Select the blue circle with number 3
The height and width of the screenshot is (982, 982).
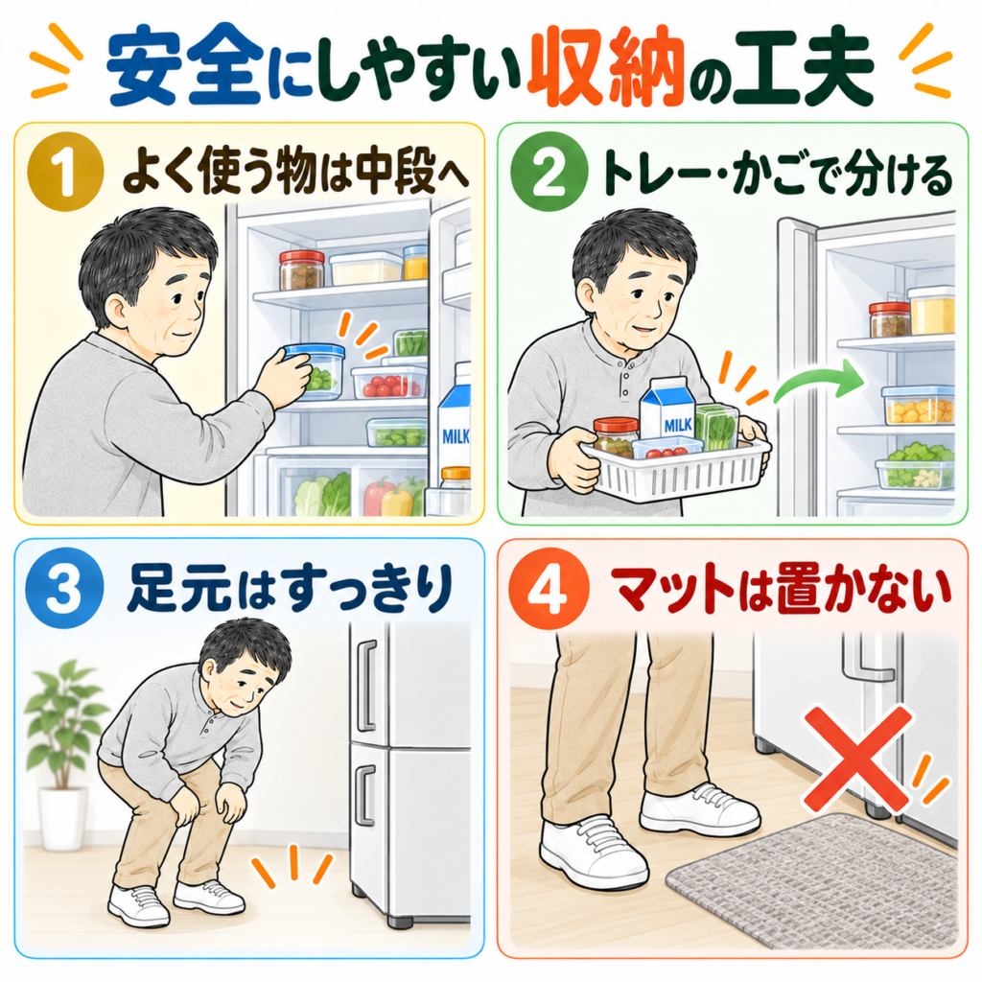pos(64,588)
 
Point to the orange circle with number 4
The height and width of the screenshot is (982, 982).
pos(548,588)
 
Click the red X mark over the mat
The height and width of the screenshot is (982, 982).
pos(857,760)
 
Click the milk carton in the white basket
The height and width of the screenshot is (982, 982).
pos(667,410)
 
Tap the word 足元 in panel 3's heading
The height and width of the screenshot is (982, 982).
pos(180,588)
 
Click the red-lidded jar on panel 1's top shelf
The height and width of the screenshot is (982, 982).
pos(302,269)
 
